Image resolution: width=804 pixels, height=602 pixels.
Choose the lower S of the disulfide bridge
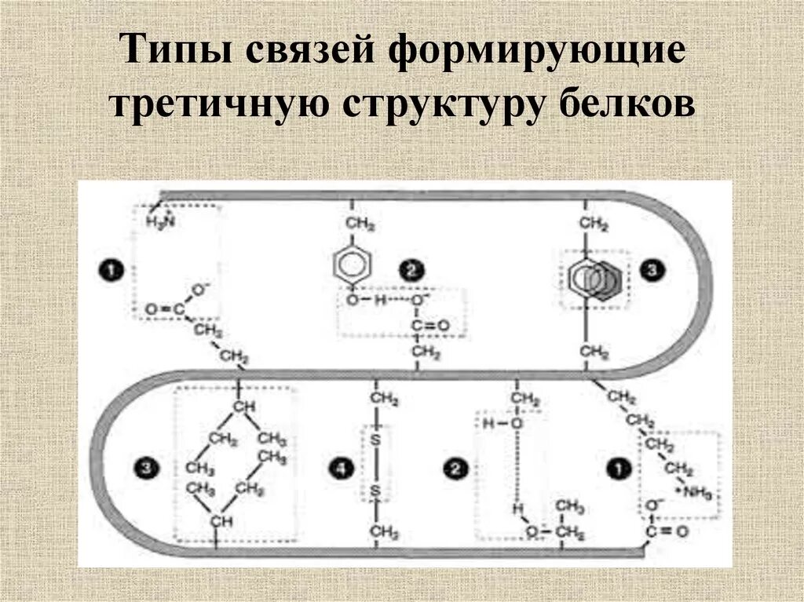tap(376, 491)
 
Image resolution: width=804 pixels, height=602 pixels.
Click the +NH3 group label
tap(691, 491)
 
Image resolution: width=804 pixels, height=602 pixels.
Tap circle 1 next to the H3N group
tap(110, 271)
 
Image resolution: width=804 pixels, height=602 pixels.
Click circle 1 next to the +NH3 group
tap(618, 469)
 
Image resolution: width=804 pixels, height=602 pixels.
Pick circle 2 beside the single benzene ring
tap(411, 271)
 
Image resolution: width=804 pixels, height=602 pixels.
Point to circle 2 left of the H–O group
tap(455, 469)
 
